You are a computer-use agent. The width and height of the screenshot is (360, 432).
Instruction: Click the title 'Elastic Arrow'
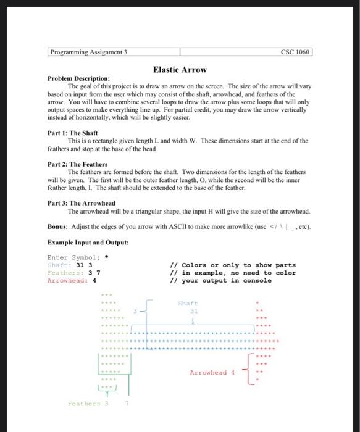point(180,70)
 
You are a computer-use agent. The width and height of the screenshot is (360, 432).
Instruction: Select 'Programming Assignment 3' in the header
point(89,52)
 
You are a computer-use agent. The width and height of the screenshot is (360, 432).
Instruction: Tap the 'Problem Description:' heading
point(78,79)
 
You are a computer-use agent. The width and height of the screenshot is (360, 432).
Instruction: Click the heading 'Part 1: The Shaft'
point(73,133)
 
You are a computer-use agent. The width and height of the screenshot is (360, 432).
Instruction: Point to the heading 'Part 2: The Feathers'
point(78,164)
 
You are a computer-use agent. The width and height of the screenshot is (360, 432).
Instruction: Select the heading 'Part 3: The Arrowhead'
point(82,202)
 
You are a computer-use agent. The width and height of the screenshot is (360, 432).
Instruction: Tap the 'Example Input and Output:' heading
point(88,241)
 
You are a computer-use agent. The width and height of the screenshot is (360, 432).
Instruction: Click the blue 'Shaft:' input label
point(60,265)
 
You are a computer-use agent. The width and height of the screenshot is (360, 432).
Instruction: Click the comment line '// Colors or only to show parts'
point(233,265)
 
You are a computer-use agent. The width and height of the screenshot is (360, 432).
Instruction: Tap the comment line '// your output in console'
point(220,280)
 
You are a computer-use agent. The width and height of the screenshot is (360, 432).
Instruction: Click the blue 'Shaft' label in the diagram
point(188,303)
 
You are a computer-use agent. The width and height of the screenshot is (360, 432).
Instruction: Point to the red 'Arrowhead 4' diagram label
point(212,372)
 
